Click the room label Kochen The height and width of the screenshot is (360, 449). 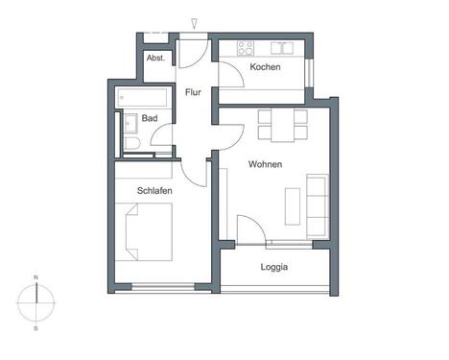[265, 68]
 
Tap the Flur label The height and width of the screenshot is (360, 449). [193, 93]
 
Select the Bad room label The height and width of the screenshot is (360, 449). [149, 118]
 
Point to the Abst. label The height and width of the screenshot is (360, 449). [155, 59]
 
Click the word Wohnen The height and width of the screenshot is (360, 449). [265, 164]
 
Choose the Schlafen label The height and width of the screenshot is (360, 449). [154, 191]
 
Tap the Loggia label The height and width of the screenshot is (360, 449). [274, 268]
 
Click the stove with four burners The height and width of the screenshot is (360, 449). [246, 47]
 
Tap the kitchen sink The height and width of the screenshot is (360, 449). [282, 47]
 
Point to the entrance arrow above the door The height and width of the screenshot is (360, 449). [195, 21]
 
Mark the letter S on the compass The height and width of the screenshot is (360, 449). [36, 329]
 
